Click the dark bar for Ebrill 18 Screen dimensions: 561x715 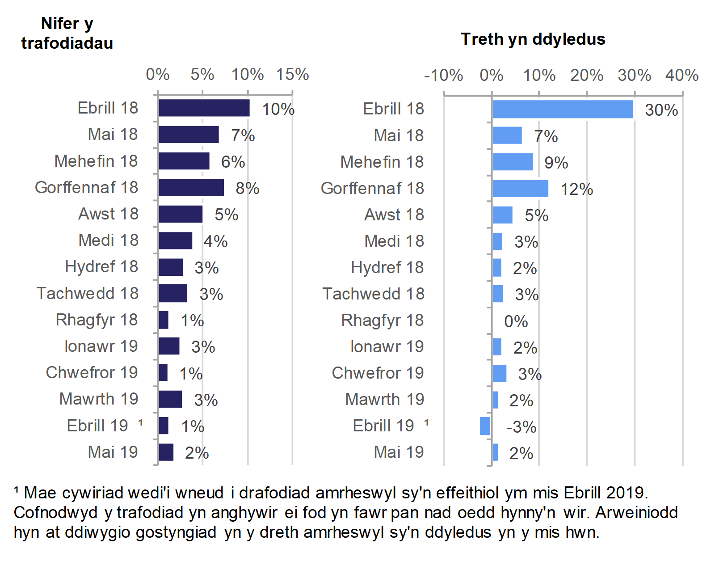(x=204, y=108)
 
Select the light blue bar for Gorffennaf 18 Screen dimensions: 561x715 (x=520, y=189)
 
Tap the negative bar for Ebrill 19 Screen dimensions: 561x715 (x=485, y=426)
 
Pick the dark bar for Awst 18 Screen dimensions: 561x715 (x=181, y=214)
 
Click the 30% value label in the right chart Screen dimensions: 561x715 (x=661, y=110)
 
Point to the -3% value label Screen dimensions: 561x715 (x=521, y=427)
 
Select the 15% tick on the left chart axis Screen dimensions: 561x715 (x=292, y=74)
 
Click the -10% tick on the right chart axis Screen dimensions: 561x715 (x=443, y=75)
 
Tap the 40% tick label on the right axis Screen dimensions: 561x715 (x=682, y=75)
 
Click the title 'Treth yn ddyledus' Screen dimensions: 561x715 (x=533, y=39)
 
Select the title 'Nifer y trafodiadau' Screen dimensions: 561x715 (x=67, y=33)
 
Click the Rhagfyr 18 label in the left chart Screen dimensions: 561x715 (x=97, y=320)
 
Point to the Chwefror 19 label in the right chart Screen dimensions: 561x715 (x=378, y=373)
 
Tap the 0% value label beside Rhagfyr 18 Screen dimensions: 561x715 (x=516, y=321)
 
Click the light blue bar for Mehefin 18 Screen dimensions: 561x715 (x=513, y=162)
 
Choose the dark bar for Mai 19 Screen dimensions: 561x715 (x=166, y=452)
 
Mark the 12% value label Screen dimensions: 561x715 (x=576, y=190)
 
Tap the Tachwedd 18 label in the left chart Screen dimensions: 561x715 (x=88, y=294)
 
